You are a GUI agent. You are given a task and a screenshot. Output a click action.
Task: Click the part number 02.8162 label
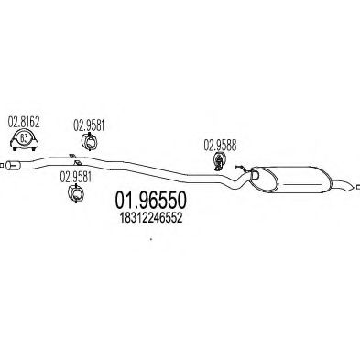pos(23,120)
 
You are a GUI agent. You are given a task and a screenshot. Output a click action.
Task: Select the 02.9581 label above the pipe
pos(88,121)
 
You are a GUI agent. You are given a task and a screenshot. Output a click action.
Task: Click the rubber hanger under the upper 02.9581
pos(89,141)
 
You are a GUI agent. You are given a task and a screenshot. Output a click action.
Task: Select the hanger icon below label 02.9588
pos(221,161)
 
